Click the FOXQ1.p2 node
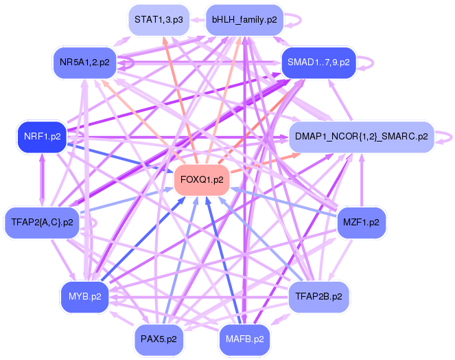pyautogui.click(x=201, y=180)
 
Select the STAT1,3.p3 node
pyautogui.click(x=159, y=20)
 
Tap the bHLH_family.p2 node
pyautogui.click(x=244, y=20)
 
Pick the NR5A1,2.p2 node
pyautogui.click(x=85, y=63)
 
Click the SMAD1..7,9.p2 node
pyautogui.click(x=318, y=63)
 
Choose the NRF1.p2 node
pyautogui.click(x=43, y=137)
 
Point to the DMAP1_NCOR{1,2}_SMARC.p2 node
pyautogui.click(x=361, y=137)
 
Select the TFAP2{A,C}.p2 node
pyautogui.click(x=43, y=223)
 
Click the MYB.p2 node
pyautogui.click(x=85, y=297)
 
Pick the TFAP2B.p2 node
pyautogui.click(x=318, y=297)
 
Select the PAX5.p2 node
pyautogui.click(x=159, y=339)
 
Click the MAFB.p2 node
pyautogui.click(x=244, y=339)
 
